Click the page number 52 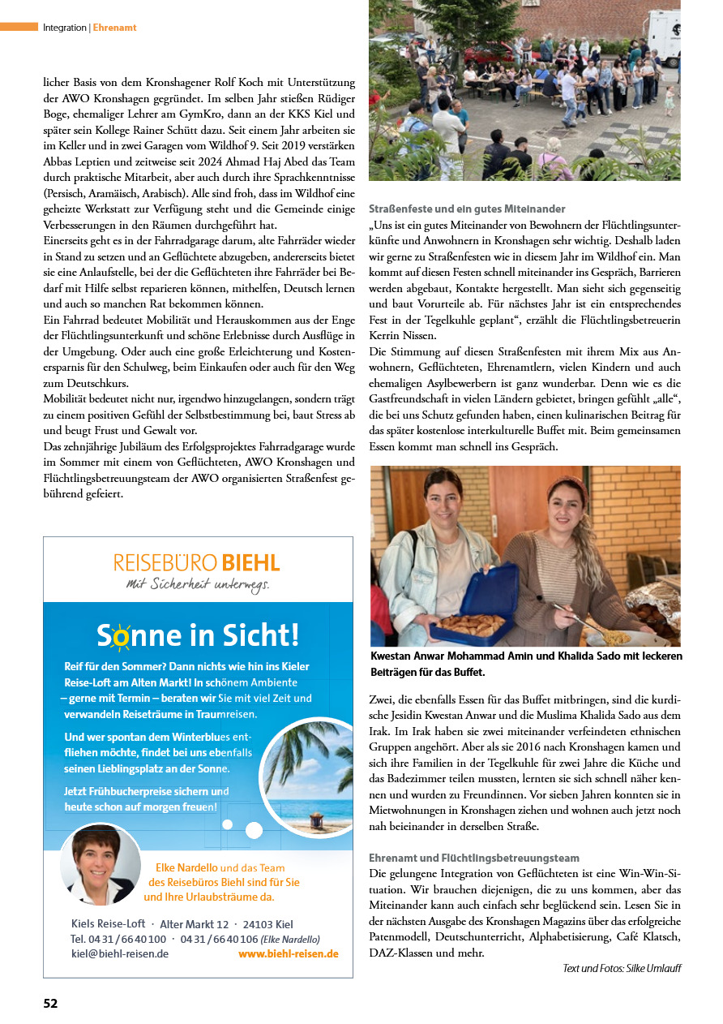[50, 1003]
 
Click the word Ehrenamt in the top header [114, 28]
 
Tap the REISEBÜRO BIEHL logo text [197, 562]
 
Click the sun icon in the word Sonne [121, 637]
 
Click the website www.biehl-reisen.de [288, 954]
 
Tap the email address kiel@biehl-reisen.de [120, 954]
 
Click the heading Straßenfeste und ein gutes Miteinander [467, 209]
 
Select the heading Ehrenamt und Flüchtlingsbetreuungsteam [474, 858]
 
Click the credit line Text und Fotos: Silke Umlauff [622, 968]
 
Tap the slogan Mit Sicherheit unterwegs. [197, 583]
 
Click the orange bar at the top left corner [19, 27]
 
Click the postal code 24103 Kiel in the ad [267, 924]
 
